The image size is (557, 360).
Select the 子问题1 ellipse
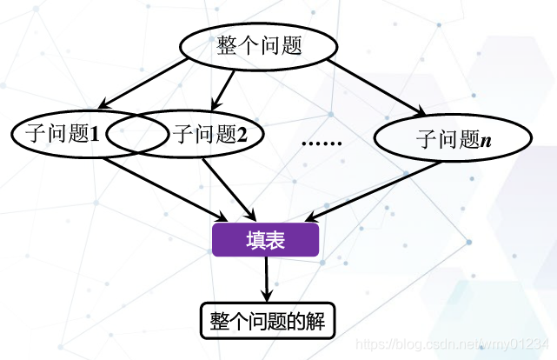pos(52,134)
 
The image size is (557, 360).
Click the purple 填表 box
pos(266,238)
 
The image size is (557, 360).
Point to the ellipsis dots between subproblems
pos(321,140)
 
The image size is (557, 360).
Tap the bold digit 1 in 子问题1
pos(95,135)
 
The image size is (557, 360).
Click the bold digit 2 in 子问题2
pos(242,135)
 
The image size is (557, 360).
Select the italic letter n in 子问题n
pos(486,140)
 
